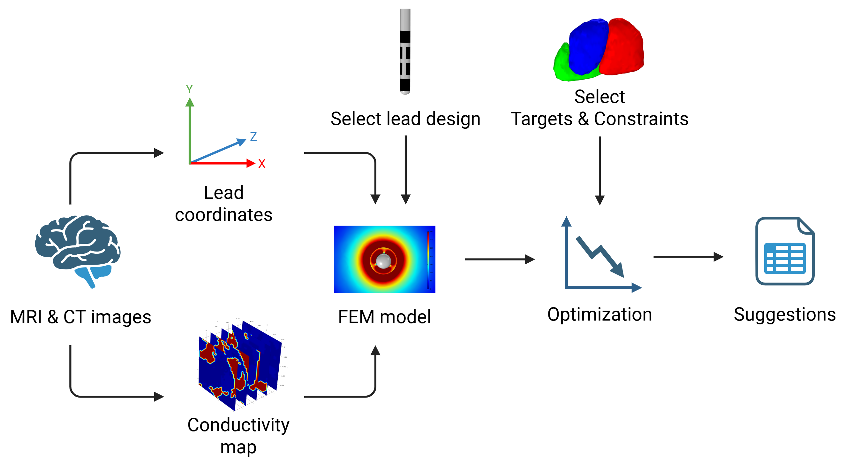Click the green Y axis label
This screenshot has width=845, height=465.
189,89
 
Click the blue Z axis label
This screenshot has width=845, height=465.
253,136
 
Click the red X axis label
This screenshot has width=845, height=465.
261,164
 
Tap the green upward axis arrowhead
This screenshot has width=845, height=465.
190,102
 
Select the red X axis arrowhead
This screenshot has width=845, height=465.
251,163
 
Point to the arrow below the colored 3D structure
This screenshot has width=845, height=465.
600,171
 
